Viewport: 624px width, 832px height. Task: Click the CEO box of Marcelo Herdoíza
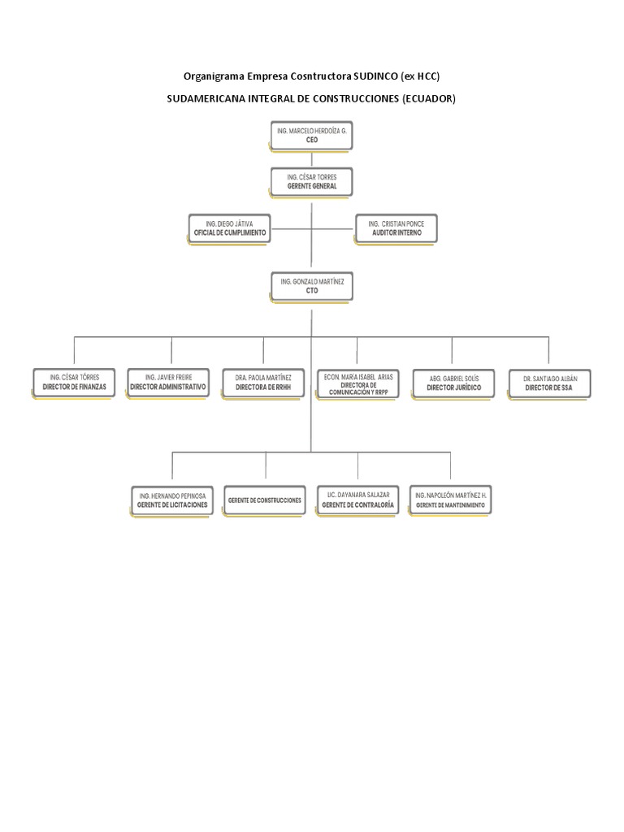311,135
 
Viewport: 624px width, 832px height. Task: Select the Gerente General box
311,181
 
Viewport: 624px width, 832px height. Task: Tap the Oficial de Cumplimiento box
229,227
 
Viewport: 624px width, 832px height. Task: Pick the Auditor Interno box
396,227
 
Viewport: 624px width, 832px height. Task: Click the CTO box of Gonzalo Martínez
311,285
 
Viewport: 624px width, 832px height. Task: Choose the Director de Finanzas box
74,383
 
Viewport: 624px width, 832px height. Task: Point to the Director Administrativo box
168,383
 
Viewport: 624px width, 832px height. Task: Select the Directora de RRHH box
263,383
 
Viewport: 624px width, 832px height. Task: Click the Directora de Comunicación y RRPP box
358,383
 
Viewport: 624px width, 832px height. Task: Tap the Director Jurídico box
453,383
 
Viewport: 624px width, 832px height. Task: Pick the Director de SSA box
549,383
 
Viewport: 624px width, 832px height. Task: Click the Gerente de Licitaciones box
171,500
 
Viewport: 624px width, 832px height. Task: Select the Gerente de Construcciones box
265,500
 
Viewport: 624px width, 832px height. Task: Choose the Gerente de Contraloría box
358,500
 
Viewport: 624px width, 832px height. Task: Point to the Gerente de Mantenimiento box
451,500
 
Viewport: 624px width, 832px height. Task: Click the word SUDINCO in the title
375,76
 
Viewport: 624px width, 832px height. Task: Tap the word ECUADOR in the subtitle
427,99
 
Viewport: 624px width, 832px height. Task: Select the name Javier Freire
173,378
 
